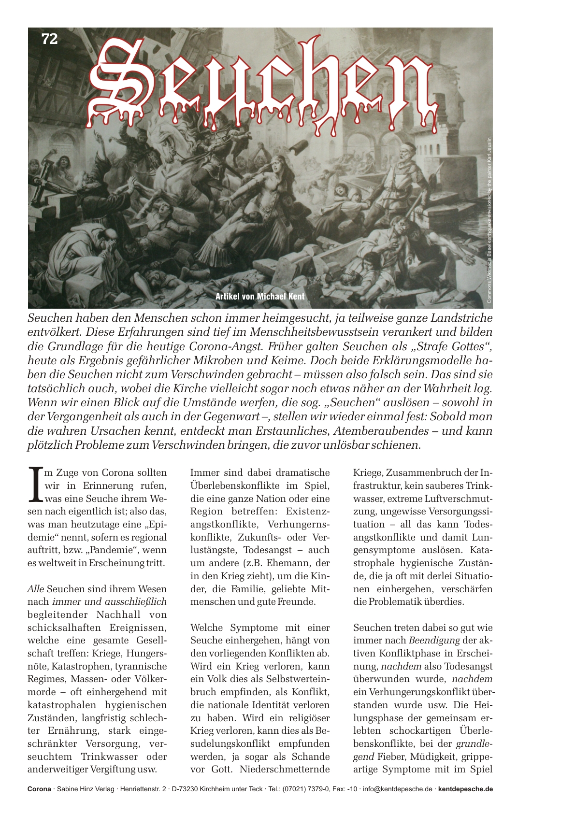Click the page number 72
50,39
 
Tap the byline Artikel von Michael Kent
260,296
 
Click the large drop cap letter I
35,484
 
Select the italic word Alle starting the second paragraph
36,589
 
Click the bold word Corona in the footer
39,789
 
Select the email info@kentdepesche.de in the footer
398,789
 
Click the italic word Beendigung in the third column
434,641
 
